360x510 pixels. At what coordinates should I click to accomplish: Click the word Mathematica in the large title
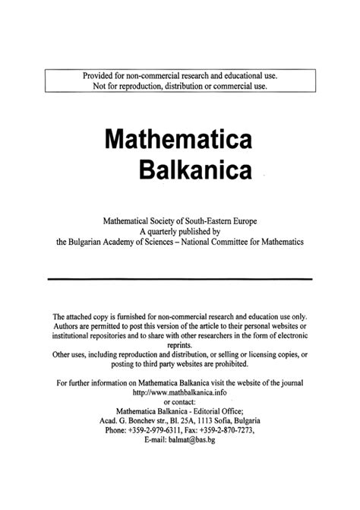click(x=178, y=141)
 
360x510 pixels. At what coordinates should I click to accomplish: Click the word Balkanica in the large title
click(x=194, y=170)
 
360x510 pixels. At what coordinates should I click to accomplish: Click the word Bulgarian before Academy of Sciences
click(x=92, y=242)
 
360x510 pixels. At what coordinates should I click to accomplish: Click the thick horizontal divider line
click(x=180, y=279)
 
